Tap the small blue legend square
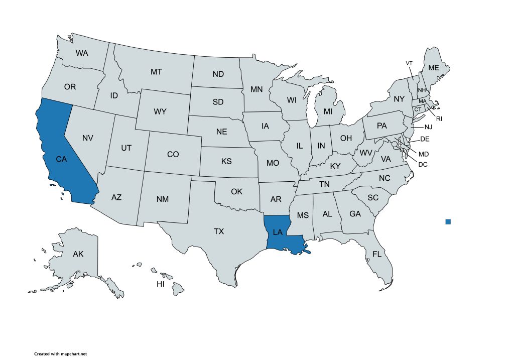tap(448, 221)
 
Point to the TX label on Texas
tap(219, 231)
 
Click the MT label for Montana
tap(156, 72)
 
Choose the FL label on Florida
tap(377, 254)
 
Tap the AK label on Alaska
tap(78, 254)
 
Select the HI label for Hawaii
tap(161, 284)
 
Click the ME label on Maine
tap(433, 68)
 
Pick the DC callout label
tap(423, 163)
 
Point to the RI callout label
tap(439, 118)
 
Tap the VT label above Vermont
tap(409, 63)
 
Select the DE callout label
tap(425, 139)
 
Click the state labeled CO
tap(173, 154)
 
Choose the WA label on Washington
tap(82, 52)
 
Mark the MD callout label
tap(424, 154)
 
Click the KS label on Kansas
tap(226, 162)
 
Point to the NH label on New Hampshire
tap(422, 90)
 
